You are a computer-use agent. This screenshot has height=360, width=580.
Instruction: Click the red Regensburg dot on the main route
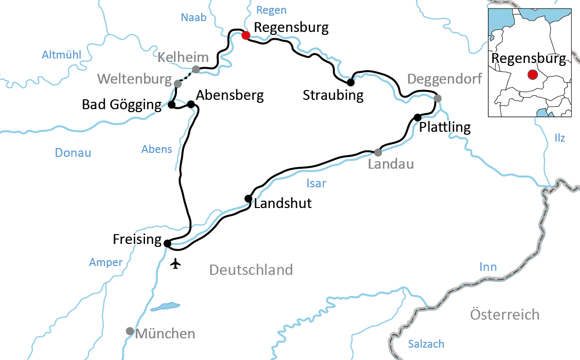click(x=246, y=35)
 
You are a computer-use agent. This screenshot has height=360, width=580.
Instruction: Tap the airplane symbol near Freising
click(x=175, y=264)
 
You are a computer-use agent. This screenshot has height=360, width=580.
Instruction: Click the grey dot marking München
click(x=130, y=331)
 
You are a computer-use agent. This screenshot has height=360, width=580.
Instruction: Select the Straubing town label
click(x=333, y=95)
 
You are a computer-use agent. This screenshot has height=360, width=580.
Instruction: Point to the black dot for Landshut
click(x=248, y=199)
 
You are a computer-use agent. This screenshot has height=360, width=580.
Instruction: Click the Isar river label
click(x=316, y=183)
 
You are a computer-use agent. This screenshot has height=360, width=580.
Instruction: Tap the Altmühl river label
click(x=61, y=55)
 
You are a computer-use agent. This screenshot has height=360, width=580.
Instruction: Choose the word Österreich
click(x=504, y=314)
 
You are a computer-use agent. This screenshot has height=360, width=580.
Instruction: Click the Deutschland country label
click(x=251, y=270)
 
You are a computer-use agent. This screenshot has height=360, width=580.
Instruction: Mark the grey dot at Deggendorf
click(x=437, y=98)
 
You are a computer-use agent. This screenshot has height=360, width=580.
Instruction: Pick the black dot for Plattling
click(x=417, y=117)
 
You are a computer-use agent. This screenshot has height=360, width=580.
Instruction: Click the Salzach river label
click(x=426, y=344)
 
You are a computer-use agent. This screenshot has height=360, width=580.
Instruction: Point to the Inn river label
click(x=488, y=267)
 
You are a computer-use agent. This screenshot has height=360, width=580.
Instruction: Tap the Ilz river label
click(x=559, y=138)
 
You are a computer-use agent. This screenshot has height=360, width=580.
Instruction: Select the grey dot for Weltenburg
click(x=178, y=84)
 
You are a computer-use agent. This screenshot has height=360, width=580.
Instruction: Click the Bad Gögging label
click(x=121, y=104)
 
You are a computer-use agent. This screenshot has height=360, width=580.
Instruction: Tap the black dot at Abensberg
click(x=191, y=104)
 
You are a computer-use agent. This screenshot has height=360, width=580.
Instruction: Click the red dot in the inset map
click(x=532, y=75)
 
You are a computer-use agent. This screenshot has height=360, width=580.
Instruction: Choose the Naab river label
click(x=194, y=17)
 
